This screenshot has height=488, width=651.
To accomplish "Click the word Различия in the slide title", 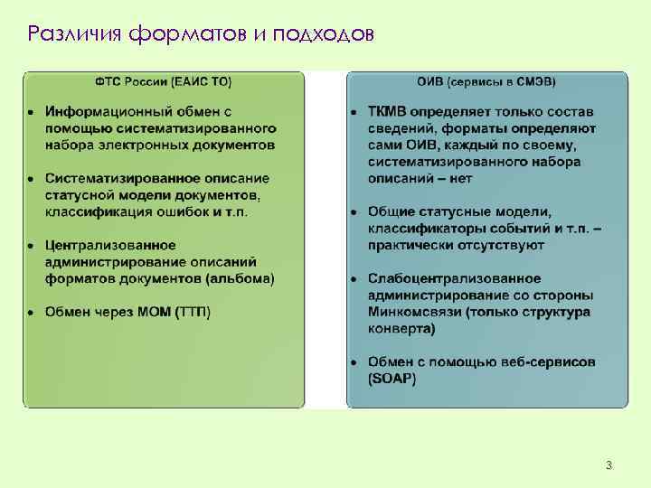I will click(x=75, y=35).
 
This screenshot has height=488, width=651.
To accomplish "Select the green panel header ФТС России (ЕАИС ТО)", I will click(x=164, y=82).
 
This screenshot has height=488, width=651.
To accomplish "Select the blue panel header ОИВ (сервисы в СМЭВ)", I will click(x=486, y=82).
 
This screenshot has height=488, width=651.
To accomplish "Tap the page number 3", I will click(x=609, y=465).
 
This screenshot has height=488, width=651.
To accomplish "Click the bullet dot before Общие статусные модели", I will click(x=354, y=212).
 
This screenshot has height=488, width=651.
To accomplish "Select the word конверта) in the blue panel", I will click(x=401, y=329).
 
